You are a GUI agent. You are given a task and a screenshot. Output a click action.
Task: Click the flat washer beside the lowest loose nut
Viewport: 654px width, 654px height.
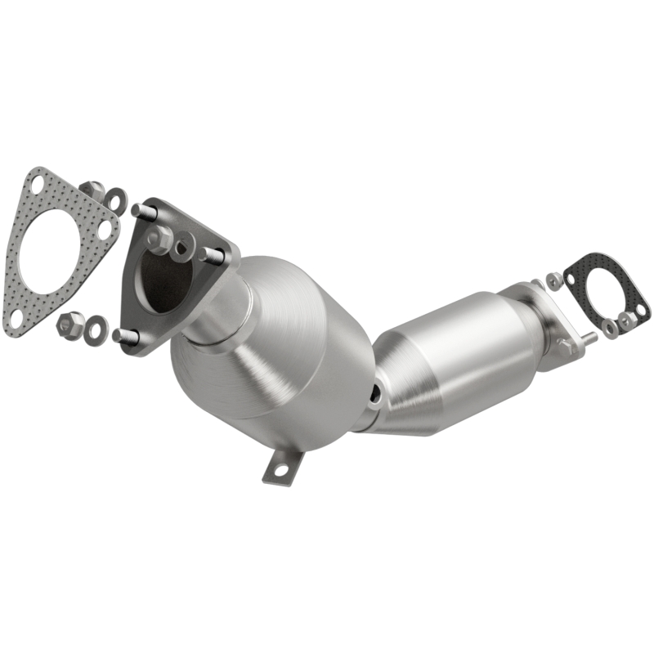pos(96,326)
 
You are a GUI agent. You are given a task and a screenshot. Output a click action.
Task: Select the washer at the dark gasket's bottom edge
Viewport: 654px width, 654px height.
pos(609,328)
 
